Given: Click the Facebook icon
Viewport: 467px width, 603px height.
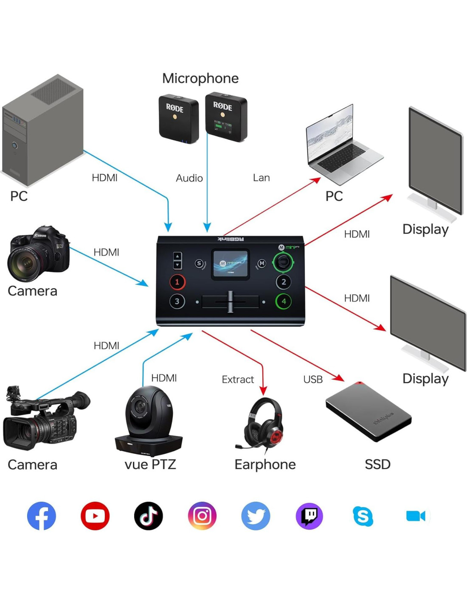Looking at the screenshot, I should coord(42,516).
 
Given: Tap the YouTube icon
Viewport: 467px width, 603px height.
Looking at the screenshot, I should coord(95,516).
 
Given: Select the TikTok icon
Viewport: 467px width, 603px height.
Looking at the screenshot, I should coord(149,516).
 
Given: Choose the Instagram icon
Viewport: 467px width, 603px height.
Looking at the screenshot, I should coord(202,516).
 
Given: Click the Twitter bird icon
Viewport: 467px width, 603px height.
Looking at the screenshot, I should coord(256,516).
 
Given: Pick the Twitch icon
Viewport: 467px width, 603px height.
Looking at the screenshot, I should coord(309,516).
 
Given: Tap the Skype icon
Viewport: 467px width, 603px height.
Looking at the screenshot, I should coord(363,516).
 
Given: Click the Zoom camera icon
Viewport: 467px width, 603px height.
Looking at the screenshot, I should coord(416,516).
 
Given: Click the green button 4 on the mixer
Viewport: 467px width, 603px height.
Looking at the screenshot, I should coord(284,301).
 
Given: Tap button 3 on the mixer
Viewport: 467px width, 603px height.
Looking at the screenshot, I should coord(177,301).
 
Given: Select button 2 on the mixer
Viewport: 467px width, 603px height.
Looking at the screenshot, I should coord(284,282).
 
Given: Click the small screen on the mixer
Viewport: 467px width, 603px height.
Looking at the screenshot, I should coord(230,264).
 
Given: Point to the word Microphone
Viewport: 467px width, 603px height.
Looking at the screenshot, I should coord(200,78).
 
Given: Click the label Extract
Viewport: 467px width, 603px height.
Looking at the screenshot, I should coord(238,380).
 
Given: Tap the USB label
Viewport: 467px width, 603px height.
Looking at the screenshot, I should coord(313,380).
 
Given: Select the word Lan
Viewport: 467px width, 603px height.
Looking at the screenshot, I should coord(262,178).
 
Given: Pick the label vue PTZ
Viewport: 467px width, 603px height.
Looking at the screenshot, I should coord(150,464).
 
